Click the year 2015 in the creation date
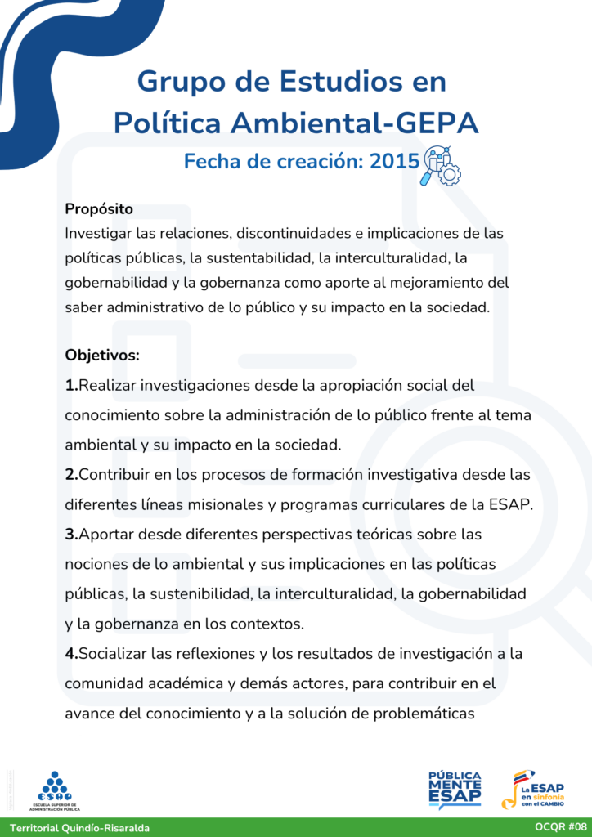tap(395, 161)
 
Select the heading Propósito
tap(99, 209)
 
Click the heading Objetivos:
tap(102, 356)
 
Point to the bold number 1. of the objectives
tap(71, 385)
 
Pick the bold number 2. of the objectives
tap(71, 475)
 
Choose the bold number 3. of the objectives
tap(71, 535)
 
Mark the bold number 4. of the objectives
tap(71, 653)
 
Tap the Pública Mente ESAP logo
tap(455, 789)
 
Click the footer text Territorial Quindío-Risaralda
tap(80, 827)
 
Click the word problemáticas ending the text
tap(424, 713)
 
